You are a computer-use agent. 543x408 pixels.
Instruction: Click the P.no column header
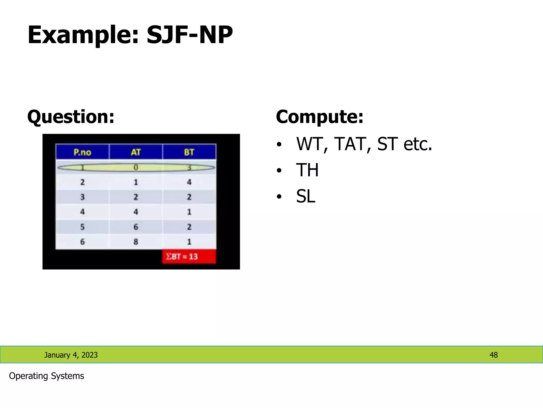click(82, 152)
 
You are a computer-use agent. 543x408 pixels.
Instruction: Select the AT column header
click(136, 152)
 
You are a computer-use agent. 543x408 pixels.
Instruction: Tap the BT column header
click(189, 152)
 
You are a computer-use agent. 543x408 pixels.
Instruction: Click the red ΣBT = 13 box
click(189, 257)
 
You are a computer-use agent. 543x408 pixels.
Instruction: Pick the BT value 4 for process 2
click(189, 182)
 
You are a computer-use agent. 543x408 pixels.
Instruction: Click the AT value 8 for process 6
click(136, 242)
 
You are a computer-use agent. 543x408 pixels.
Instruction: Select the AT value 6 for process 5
click(136, 227)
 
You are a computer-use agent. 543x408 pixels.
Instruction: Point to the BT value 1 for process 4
click(189, 212)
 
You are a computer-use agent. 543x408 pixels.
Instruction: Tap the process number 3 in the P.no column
click(82, 197)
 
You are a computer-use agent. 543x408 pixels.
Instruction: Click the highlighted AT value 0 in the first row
click(136, 167)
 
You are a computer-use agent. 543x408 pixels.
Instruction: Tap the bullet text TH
click(307, 170)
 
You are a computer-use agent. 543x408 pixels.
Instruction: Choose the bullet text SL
click(305, 196)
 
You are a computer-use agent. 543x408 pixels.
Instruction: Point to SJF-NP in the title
click(190, 35)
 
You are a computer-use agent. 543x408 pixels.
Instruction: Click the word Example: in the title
click(84, 35)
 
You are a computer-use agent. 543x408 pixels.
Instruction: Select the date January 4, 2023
click(71, 355)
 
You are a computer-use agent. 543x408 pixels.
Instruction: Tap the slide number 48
click(493, 355)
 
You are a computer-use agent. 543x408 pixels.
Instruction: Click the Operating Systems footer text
click(46, 376)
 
